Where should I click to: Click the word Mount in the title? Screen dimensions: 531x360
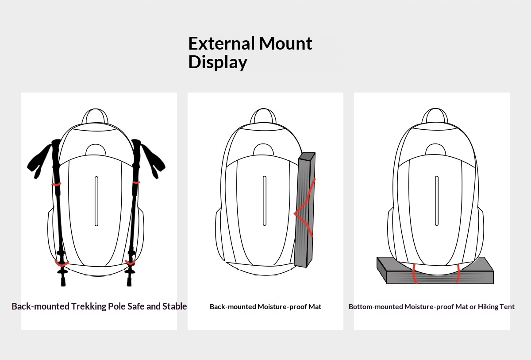[x=285, y=43]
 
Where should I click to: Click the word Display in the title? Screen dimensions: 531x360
[x=218, y=62]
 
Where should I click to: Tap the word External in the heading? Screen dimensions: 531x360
[x=221, y=43]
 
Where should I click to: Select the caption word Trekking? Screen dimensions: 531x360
[x=88, y=306]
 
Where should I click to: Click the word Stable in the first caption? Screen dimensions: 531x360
[x=174, y=306]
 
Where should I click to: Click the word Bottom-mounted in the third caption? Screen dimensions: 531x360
[x=376, y=306]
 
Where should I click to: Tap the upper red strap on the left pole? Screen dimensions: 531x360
[x=57, y=184]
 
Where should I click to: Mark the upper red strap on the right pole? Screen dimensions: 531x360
[x=136, y=182]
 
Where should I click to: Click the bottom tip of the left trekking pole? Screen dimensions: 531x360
[x=63, y=284]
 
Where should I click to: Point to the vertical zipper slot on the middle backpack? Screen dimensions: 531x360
[x=265, y=201]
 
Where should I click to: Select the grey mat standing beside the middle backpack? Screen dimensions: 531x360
[x=304, y=210]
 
